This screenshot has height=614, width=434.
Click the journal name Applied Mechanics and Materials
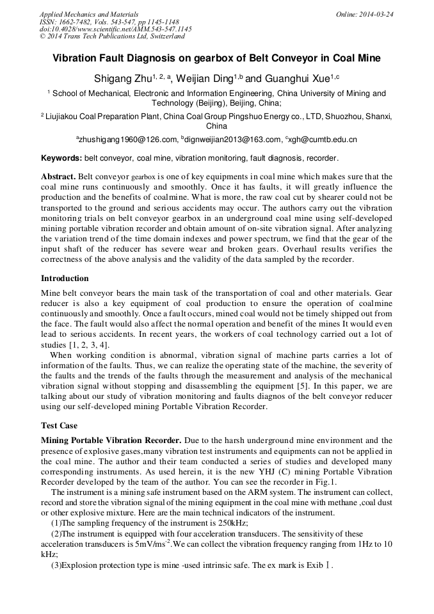coord(88,14)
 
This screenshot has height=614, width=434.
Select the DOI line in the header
coord(115,29)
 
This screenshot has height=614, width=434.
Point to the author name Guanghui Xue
coord(295,79)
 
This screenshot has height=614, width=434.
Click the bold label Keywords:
coord(61,158)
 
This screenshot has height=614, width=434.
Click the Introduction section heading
coord(65,279)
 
